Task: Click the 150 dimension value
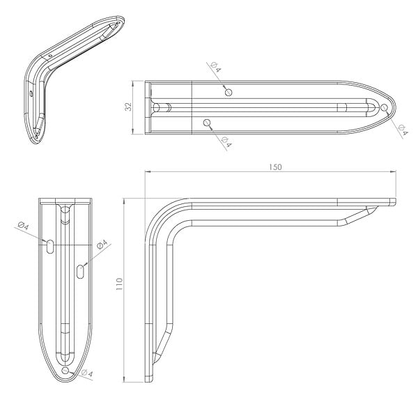click(275, 167)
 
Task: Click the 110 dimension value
click(119, 284)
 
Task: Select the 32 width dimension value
click(128, 107)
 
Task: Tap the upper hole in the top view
click(229, 92)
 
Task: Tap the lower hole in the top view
click(207, 123)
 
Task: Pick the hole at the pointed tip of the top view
click(384, 107)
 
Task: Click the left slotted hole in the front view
click(50, 247)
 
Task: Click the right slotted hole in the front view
click(80, 272)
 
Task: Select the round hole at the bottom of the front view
click(65, 371)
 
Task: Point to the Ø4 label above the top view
click(216, 67)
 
